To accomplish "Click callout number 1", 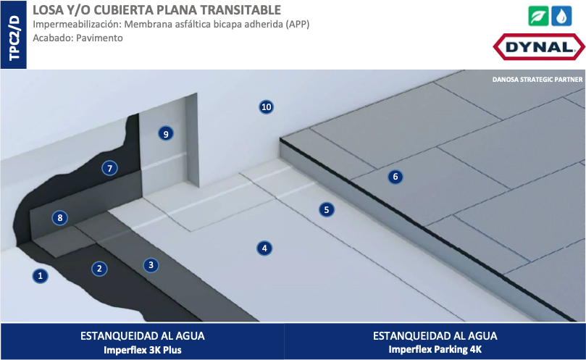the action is pos(41,276).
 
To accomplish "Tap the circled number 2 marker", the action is pos(99,269).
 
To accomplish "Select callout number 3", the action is pos(151,265).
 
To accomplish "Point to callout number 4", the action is pos(264,248).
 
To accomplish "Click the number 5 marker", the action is pos(327,210).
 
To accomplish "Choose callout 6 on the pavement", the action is pos(395,177).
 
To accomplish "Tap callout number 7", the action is pos(110,169).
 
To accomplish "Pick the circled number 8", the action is pos(60,218).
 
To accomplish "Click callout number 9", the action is pos(166,134).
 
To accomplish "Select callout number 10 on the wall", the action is pos(266,107).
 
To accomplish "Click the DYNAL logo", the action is pos(539,47).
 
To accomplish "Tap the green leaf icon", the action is pos(538,16).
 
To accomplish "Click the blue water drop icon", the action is pos(561,16).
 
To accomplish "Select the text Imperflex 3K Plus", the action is pos(143,351).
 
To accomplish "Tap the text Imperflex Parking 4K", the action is pos(435,350).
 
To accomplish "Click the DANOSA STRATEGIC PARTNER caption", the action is pos(537,80).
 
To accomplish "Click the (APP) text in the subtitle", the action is pos(298,25).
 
